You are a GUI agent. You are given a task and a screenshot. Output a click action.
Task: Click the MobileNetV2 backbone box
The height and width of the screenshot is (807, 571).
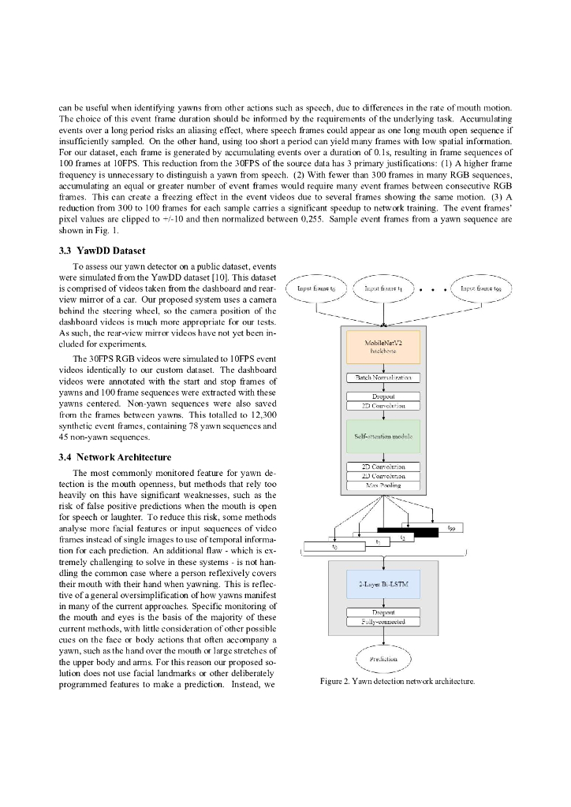[383, 348]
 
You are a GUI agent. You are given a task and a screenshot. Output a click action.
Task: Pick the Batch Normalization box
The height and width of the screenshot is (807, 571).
[383, 378]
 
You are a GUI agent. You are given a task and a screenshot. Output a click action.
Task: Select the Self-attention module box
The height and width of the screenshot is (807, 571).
[383, 436]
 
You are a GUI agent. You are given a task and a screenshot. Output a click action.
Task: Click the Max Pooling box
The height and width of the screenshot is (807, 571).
[383, 485]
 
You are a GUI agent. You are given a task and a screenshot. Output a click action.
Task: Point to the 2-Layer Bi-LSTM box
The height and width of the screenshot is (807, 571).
[383, 584]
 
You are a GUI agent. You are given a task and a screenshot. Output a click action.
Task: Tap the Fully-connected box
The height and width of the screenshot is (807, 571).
[383, 622]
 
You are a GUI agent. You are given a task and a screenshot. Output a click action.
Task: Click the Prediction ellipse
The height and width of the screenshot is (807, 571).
[383, 659]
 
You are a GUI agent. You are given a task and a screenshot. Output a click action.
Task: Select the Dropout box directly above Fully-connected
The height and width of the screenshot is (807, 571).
[383, 612]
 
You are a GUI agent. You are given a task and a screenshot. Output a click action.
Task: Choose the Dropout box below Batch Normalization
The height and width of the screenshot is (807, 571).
[383, 396]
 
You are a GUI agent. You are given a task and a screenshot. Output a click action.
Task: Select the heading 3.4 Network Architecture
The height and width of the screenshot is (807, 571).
[114, 456]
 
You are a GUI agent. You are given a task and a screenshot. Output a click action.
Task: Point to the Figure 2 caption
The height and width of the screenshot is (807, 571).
[397, 682]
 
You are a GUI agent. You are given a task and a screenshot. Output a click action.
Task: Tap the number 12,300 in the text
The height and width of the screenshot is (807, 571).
[261, 415]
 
